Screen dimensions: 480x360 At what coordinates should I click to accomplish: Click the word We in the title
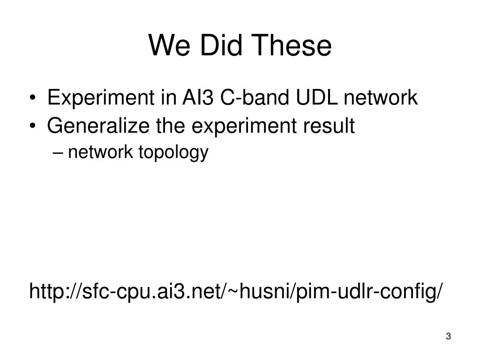coord(169,45)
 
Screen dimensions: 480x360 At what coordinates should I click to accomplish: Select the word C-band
coord(255,97)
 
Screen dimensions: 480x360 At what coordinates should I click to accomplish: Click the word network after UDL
coord(381,97)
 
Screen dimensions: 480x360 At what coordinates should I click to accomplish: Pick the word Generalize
coord(98,126)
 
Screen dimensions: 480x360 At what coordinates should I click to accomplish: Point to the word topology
coord(173,152)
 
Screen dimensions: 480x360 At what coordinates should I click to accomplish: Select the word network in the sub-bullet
coord(100,151)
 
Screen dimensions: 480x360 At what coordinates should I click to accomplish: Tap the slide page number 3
coord(448,336)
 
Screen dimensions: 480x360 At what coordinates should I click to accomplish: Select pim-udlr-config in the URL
coord(367,292)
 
